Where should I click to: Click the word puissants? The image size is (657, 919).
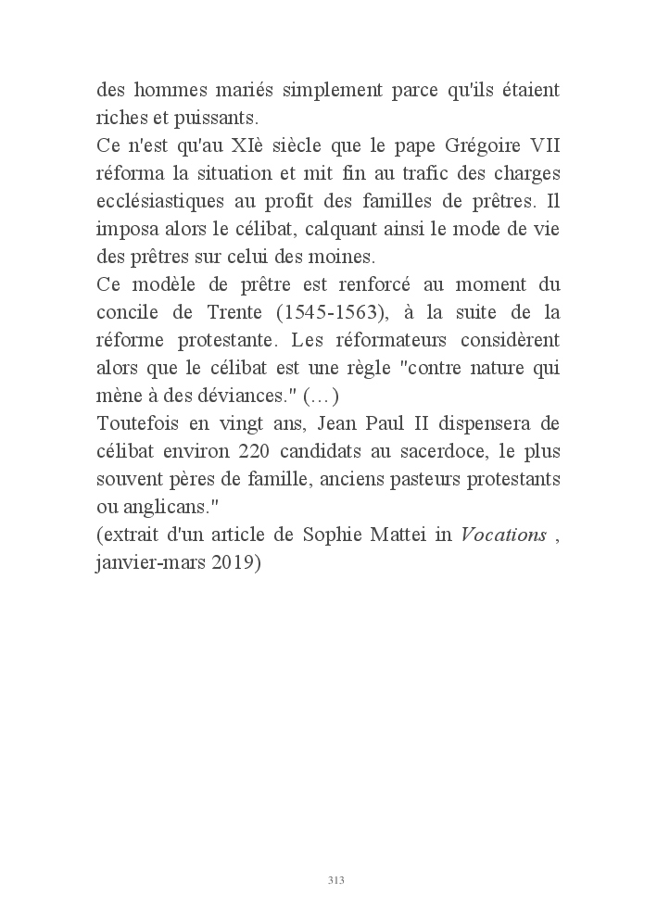pyautogui.click(x=220, y=119)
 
